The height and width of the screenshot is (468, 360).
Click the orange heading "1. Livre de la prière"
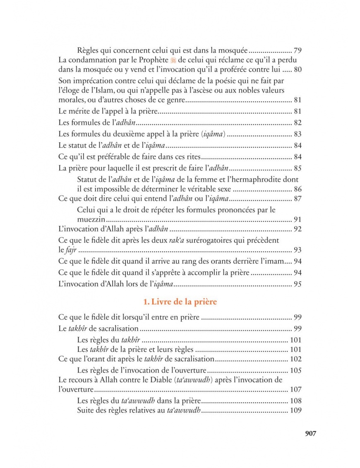[x=180, y=302]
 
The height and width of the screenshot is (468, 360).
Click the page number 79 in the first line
[x=298, y=51]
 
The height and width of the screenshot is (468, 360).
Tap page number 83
[x=298, y=134]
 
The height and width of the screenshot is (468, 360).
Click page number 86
[x=298, y=189]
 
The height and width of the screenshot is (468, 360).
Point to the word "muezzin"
[x=91, y=219]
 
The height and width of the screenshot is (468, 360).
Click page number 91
[x=298, y=219]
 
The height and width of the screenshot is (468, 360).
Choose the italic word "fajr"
[x=71, y=250]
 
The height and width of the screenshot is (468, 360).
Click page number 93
[x=298, y=250]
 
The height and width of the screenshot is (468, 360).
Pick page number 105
[x=296, y=370]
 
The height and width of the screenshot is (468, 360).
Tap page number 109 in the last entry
[x=296, y=410]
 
